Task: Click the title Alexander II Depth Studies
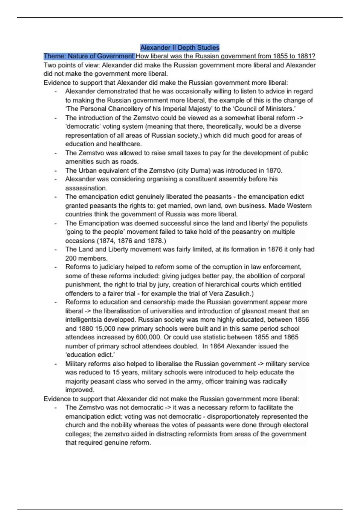180,47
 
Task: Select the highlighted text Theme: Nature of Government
89,56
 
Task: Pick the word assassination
86,188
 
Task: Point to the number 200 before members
71,258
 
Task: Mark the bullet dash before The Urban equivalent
55,170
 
